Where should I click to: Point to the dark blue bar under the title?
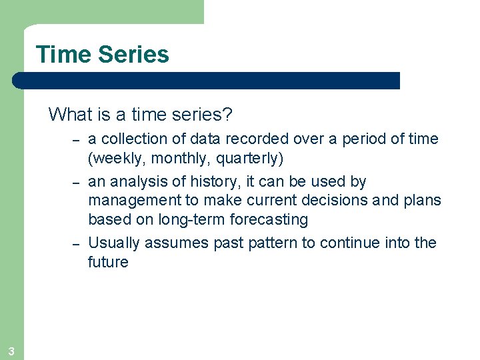click(x=207, y=81)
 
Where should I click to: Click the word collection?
click(x=130, y=139)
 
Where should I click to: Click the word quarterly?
click(x=247, y=159)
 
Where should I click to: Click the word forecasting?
click(x=266, y=219)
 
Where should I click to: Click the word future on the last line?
click(x=108, y=262)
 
